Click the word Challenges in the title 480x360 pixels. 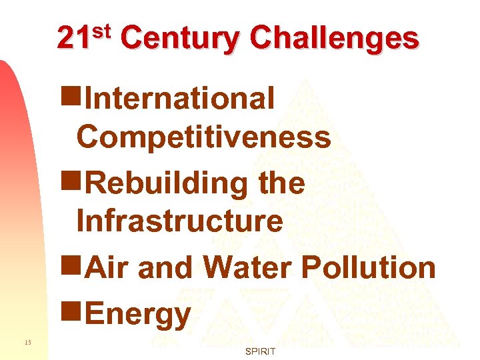[335, 39]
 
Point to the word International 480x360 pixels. [181, 98]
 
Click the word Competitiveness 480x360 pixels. [203, 137]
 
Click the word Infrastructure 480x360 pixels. [179, 221]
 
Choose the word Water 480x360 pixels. [249, 267]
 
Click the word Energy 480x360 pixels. [139, 313]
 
